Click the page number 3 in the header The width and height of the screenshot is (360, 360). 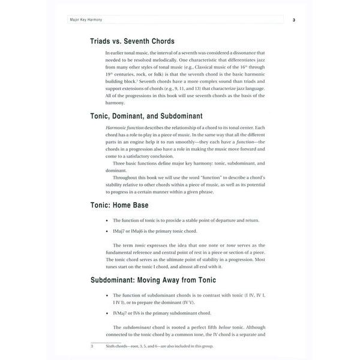click(x=293, y=20)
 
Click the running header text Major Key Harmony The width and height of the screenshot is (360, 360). click(x=86, y=20)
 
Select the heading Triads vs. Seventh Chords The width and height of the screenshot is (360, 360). click(x=132, y=41)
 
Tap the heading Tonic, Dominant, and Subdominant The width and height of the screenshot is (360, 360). click(x=146, y=116)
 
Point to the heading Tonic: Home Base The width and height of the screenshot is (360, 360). click(x=119, y=205)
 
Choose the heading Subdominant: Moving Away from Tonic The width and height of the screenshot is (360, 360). click(x=153, y=280)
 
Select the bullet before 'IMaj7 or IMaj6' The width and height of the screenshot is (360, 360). click(x=106, y=231)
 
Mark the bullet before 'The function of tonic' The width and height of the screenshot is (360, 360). click(x=106, y=221)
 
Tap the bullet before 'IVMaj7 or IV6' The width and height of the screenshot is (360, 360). click(x=106, y=313)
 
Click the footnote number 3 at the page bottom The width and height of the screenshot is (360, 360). click(x=92, y=346)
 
